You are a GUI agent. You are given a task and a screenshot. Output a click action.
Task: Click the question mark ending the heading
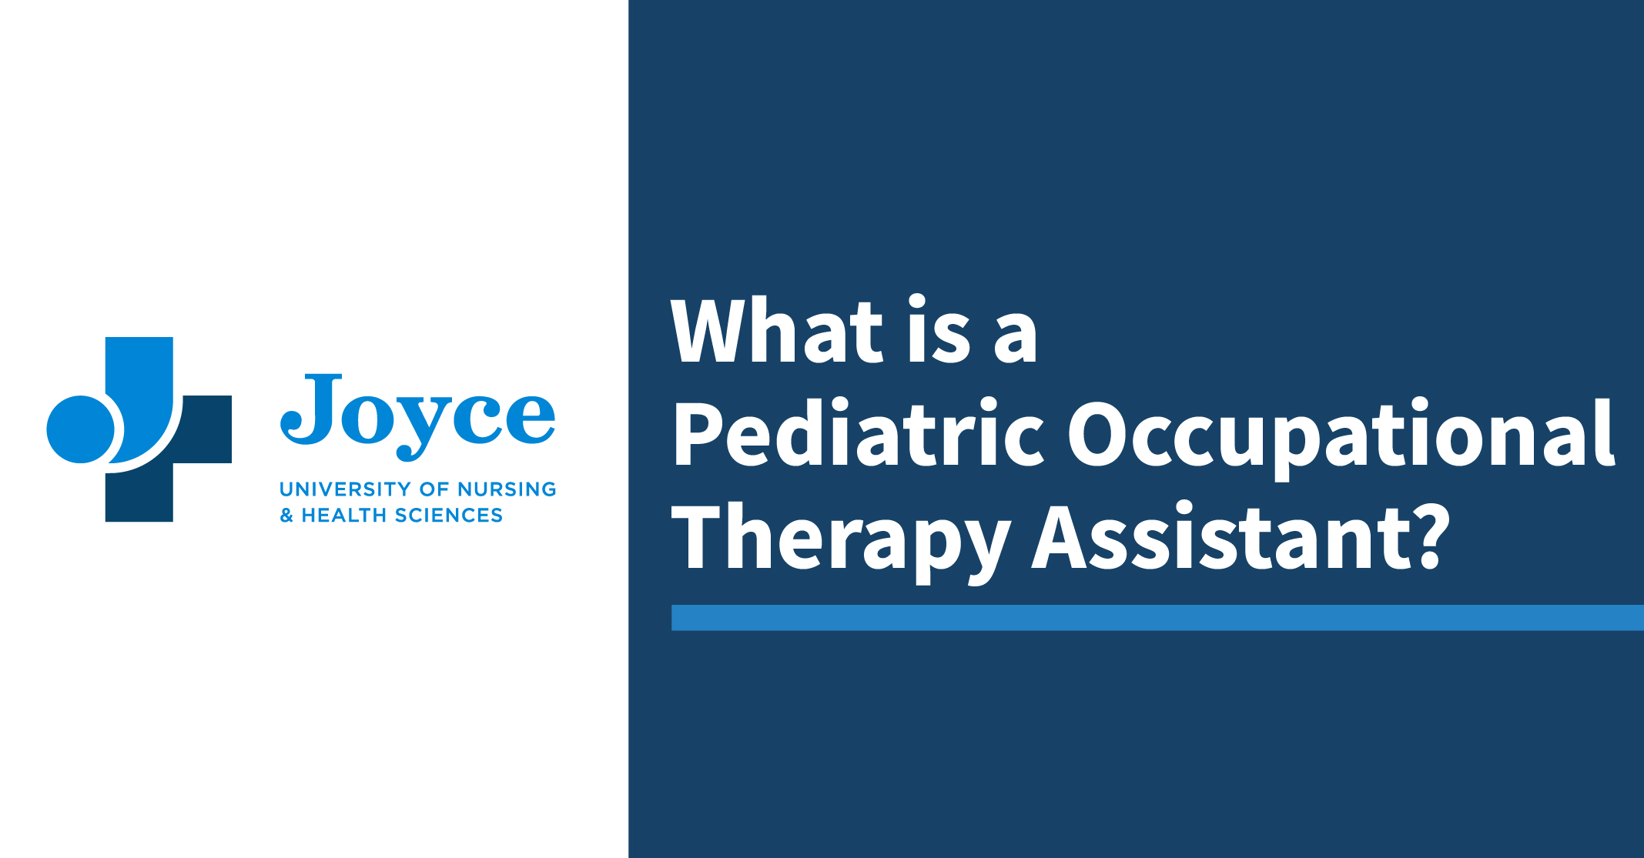1433,536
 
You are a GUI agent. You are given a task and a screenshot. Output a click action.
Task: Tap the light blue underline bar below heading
1157,617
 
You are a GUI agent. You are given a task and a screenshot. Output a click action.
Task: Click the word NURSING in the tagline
507,489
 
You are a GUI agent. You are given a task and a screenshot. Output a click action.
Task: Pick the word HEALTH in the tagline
344,516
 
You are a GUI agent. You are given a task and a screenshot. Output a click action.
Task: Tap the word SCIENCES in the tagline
449,516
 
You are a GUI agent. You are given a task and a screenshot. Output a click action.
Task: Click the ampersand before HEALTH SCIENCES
286,516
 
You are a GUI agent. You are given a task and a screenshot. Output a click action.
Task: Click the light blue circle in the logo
80,429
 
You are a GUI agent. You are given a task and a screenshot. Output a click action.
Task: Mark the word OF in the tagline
434,489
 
